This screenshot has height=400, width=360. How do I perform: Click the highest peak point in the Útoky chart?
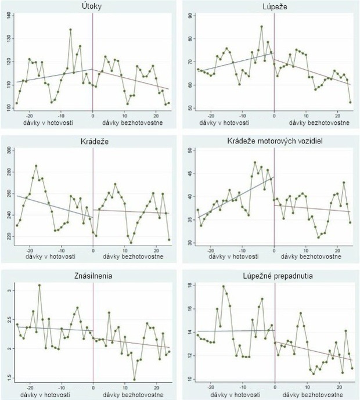(70, 30)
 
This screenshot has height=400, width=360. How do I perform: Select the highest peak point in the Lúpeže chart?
(261, 26)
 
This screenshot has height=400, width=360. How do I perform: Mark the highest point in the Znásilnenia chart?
(39, 285)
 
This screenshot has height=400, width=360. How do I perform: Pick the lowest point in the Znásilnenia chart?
(134, 379)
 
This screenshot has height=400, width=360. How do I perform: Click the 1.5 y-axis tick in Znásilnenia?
(9, 379)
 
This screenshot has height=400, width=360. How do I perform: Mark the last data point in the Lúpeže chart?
(351, 102)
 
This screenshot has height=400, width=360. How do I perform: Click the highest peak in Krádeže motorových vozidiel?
(255, 163)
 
